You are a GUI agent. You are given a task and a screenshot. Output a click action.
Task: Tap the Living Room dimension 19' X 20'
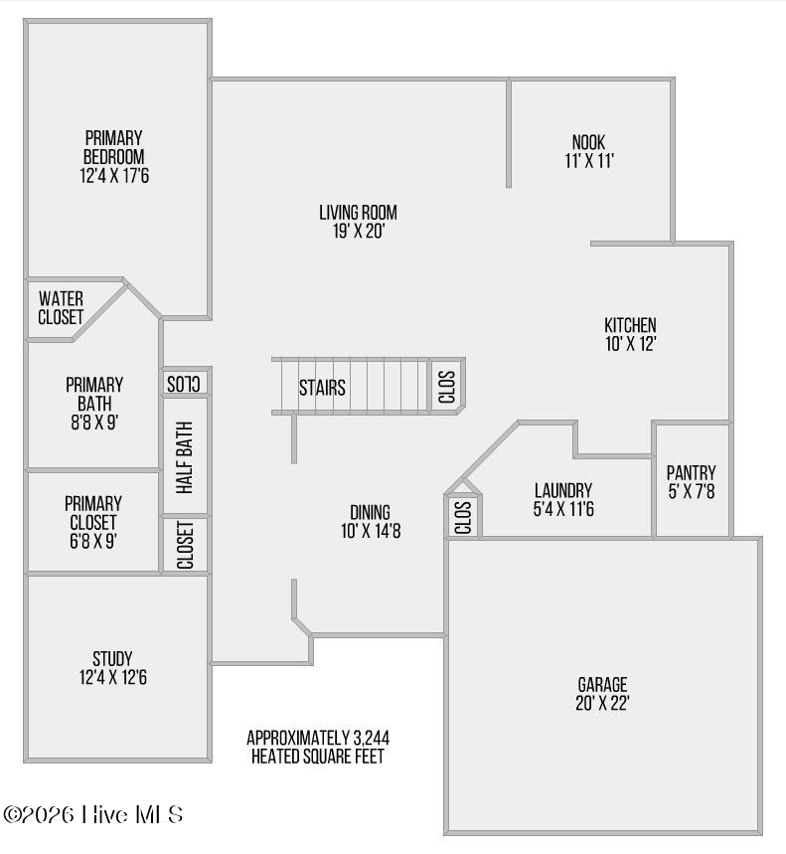359,231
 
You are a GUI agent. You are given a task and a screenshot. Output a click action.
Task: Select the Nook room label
588,142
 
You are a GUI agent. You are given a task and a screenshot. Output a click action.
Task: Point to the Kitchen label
630,325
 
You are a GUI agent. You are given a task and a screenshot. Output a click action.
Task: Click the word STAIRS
322,388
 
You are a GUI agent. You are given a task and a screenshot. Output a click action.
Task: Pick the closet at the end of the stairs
446,386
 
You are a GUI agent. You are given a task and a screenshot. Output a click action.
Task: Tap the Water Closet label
61,308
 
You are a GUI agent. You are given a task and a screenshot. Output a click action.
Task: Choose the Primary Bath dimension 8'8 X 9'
94,423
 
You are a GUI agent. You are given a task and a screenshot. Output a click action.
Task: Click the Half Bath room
185,456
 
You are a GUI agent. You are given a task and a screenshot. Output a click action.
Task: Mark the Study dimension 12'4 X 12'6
113,677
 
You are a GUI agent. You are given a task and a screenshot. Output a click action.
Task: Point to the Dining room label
370,512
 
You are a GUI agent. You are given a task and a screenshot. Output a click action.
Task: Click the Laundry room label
563,490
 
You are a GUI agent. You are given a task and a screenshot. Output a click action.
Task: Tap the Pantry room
692,480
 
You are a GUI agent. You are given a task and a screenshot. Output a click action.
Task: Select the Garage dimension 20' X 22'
602,703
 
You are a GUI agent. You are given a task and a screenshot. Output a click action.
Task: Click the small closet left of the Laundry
463,516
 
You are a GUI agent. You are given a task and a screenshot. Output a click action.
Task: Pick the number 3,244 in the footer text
372,738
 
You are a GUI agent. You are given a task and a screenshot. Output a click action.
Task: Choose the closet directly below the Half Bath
185,545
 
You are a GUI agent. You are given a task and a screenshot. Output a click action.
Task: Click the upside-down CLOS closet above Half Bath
184,384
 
